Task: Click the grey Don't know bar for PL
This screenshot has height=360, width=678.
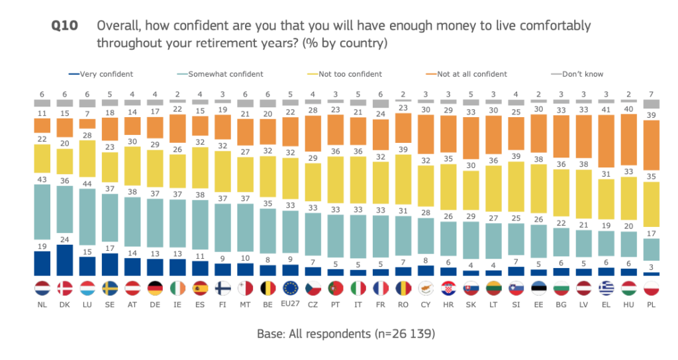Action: pyautogui.click(x=652, y=104)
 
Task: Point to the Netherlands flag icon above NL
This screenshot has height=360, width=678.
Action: pyautogui.click(x=42, y=290)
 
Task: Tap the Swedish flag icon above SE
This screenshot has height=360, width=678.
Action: pyautogui.click(x=111, y=290)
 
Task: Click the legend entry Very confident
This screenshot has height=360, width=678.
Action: pyautogui.click(x=106, y=74)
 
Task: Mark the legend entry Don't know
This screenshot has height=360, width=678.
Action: pyautogui.click(x=583, y=74)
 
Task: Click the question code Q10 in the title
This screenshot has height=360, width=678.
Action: pyautogui.click(x=64, y=26)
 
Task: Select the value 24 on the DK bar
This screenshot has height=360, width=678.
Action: pyautogui.click(x=65, y=239)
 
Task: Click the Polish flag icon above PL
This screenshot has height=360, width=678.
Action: pyautogui.click(x=652, y=290)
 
